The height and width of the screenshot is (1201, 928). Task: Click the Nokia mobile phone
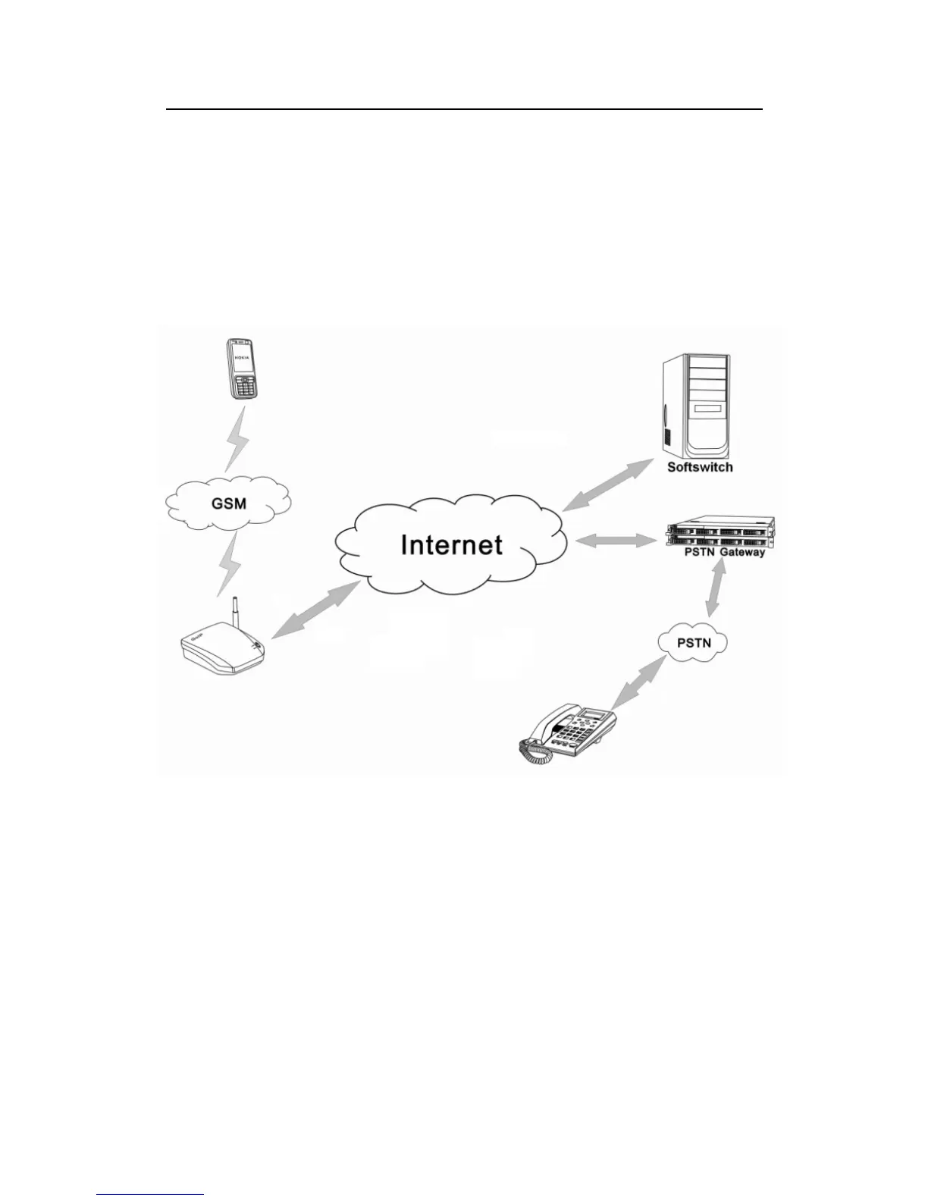(x=242, y=369)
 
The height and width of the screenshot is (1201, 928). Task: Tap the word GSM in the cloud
(x=229, y=502)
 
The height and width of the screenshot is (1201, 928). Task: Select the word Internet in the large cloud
(x=451, y=545)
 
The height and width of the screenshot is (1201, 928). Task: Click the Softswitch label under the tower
(x=700, y=467)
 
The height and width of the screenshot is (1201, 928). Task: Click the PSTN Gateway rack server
(x=719, y=532)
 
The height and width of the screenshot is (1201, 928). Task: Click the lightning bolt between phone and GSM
(x=238, y=439)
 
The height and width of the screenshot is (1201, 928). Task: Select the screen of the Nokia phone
(x=240, y=363)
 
